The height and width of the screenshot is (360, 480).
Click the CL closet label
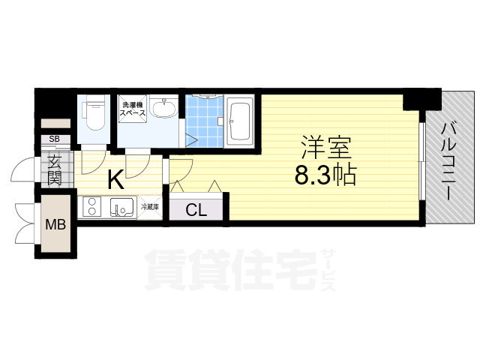click(x=196, y=210)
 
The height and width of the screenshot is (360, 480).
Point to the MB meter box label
click(x=55, y=224)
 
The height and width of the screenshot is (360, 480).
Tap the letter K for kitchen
click(x=115, y=180)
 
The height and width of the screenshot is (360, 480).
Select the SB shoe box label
click(x=54, y=139)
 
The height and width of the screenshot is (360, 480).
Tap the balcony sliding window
click(x=422, y=161)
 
